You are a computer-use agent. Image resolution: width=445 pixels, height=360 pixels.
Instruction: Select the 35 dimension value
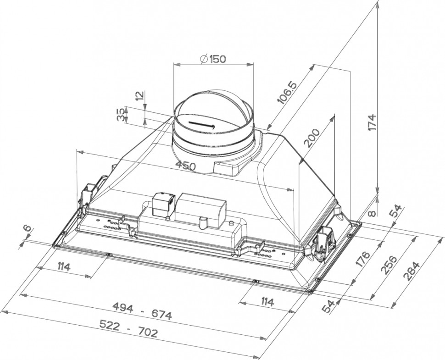(121, 115)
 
